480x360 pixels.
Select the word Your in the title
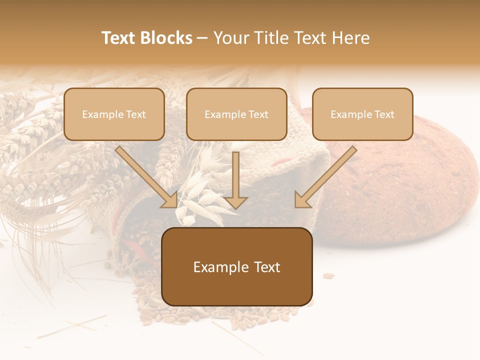pyautogui.click(x=230, y=38)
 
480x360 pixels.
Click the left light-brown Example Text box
pyautogui.click(x=114, y=114)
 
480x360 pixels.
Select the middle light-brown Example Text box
pyautogui.click(x=236, y=114)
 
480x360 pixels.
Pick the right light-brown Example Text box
pyautogui.click(x=362, y=114)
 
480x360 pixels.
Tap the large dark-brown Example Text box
pyautogui.click(x=237, y=266)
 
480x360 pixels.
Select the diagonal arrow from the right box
pyautogui.click(x=327, y=175)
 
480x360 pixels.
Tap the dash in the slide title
pyautogui.click(x=202, y=38)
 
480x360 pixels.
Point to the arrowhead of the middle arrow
pyautogui.click(x=235, y=201)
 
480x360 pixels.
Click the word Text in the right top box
pyautogui.click(x=384, y=114)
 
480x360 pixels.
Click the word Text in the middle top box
pyautogui.click(x=258, y=114)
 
